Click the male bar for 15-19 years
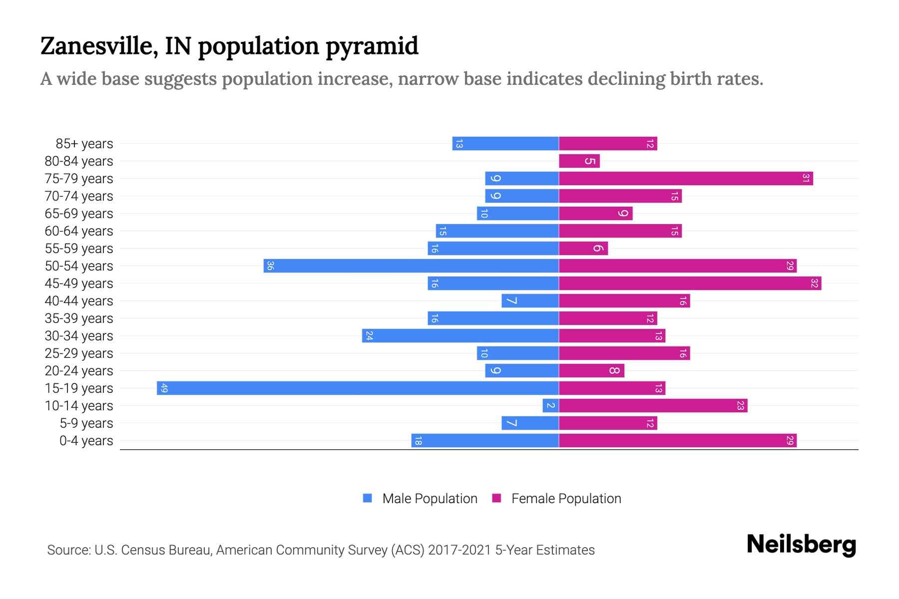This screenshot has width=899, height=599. (358, 388)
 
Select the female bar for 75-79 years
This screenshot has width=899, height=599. (686, 178)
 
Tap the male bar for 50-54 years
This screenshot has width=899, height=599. (411, 266)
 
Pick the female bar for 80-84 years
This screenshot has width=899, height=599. (579, 161)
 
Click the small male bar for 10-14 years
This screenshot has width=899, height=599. (550, 405)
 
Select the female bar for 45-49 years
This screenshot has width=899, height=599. (690, 283)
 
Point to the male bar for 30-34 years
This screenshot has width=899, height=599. (460, 335)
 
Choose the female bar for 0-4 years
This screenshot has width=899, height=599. (677, 440)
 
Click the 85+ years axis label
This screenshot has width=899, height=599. (84, 144)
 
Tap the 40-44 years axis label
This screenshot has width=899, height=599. (79, 301)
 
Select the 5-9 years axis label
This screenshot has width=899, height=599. (86, 423)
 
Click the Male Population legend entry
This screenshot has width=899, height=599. (420, 498)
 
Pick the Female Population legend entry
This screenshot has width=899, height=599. (556, 498)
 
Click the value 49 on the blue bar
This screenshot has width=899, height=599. (164, 388)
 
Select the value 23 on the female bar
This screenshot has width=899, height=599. (740, 405)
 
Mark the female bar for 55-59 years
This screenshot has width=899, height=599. (583, 248)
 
